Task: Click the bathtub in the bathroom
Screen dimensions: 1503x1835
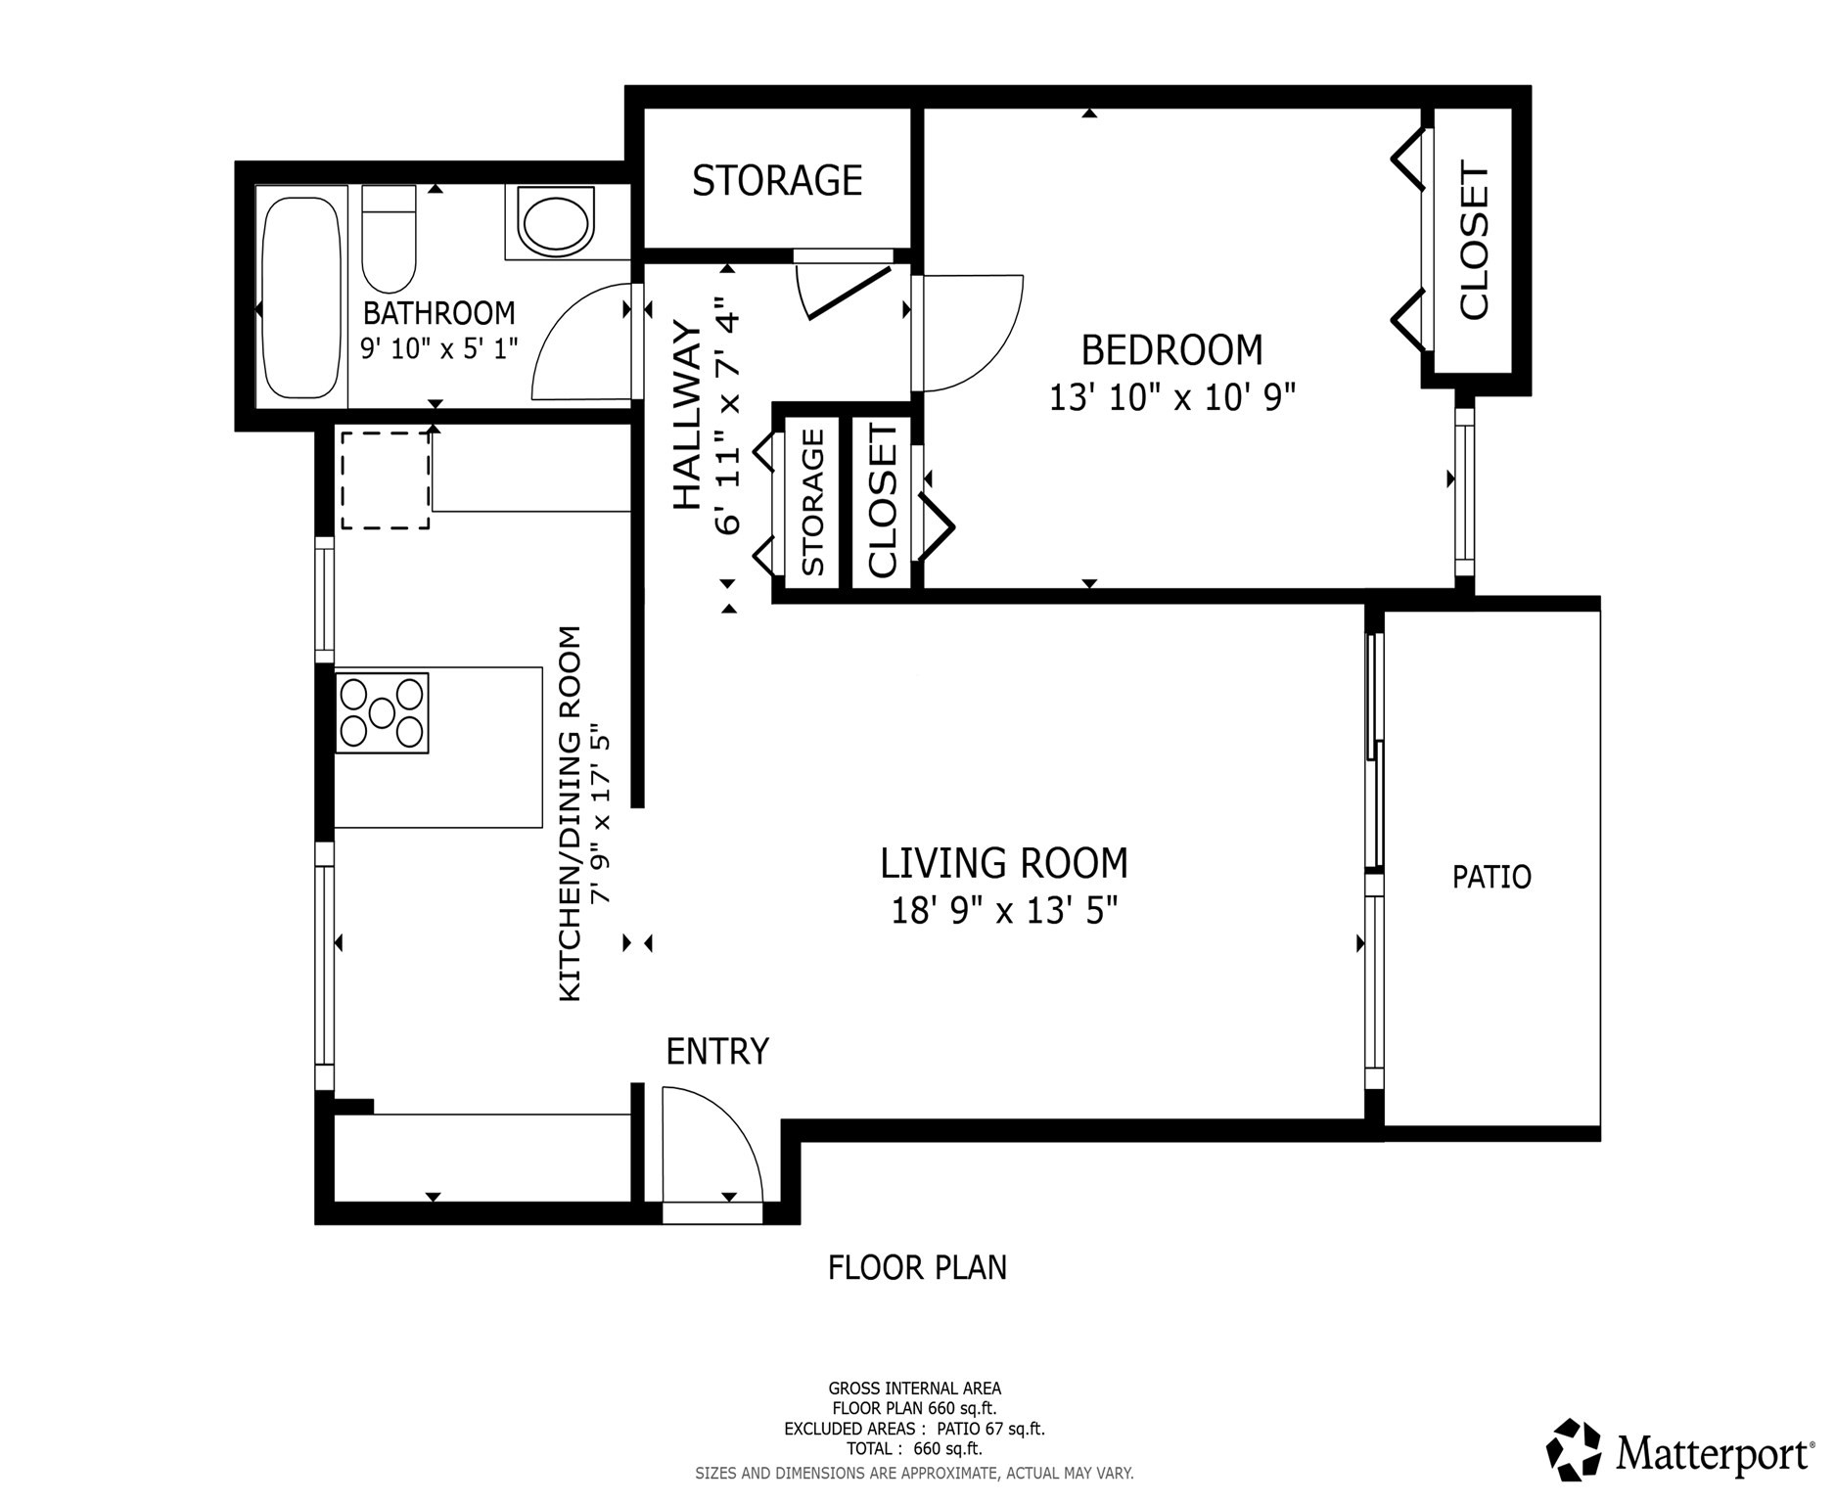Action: point(302,297)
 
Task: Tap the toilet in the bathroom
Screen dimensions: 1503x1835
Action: point(389,240)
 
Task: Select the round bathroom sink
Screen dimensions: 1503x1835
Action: point(555,223)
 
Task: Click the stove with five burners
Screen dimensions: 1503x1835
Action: point(382,713)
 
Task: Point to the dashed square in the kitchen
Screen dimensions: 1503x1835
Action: point(385,480)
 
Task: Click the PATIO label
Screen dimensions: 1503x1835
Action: point(1491,877)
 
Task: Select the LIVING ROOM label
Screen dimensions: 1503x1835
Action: point(1003,864)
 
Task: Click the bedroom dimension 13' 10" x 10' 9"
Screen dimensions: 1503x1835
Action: point(1171,398)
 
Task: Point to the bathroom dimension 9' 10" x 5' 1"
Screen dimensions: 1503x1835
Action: point(438,348)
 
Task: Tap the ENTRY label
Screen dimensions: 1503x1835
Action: point(716,1052)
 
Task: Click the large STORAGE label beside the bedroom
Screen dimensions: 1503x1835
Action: point(777,181)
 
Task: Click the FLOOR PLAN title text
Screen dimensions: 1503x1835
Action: point(917,1268)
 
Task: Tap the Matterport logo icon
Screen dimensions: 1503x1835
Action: point(1573,1449)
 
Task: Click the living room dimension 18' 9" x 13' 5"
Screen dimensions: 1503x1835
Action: point(1003,912)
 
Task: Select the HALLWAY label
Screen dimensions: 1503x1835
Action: point(688,416)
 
